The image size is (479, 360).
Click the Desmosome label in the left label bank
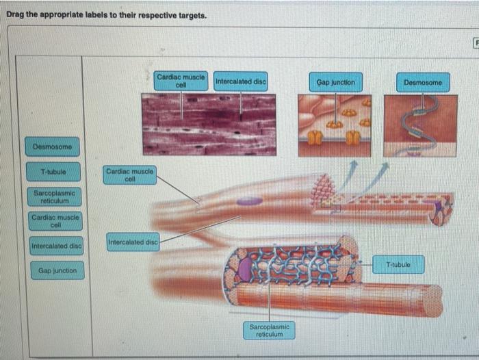[x=53, y=146]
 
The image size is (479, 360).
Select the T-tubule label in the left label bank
[x=53, y=170]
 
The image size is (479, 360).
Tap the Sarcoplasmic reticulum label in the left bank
[x=55, y=197]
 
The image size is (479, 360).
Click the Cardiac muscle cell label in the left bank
[x=55, y=221]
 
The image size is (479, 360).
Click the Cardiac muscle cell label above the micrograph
[x=181, y=81]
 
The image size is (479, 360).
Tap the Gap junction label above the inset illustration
[x=335, y=82]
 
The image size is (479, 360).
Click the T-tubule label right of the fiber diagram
[x=399, y=264]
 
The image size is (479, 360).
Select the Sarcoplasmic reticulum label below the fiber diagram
[x=268, y=331]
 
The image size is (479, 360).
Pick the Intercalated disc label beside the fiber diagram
[x=133, y=242]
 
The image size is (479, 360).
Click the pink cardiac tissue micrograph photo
[x=208, y=124]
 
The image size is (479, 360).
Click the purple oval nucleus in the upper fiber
[x=250, y=201]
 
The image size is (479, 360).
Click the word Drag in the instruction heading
[x=17, y=15]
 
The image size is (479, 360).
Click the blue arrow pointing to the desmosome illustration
[x=376, y=175]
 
